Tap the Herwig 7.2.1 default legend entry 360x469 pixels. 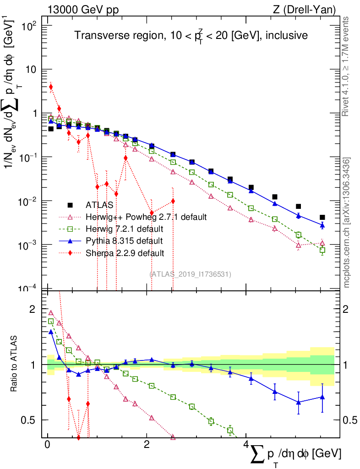click(124, 229)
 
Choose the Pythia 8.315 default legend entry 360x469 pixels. click(124, 240)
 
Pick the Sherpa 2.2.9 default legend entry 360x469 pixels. click(125, 252)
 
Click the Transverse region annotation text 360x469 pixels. click(191, 35)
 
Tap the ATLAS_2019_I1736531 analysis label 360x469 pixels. click(190, 274)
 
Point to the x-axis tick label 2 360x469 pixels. click(147, 445)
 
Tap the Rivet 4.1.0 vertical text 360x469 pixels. click(346, 66)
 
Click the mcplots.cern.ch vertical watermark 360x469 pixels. click(346, 222)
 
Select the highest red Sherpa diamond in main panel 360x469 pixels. click(51, 87)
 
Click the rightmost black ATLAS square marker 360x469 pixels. click(322, 218)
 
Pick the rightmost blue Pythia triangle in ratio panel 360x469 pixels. click(322, 397)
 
